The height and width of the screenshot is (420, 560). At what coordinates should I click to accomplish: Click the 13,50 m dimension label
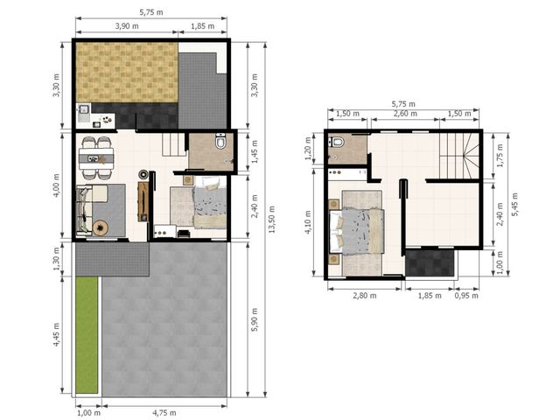(272, 220)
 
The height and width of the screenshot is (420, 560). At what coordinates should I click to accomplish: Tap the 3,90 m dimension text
(127, 26)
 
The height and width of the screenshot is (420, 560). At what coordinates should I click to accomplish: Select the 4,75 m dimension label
(164, 413)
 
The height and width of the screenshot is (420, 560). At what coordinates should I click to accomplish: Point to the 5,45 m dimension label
(515, 204)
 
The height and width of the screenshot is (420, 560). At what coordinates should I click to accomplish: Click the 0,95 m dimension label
(466, 296)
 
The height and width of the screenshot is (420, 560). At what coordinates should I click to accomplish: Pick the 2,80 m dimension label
(365, 296)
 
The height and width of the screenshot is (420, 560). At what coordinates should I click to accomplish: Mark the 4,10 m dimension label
(308, 222)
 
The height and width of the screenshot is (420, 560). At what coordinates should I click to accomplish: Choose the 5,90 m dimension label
(255, 319)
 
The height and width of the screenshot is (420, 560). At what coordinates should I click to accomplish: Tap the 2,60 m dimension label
(405, 114)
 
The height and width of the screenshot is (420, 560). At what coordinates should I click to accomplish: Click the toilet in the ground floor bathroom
(220, 141)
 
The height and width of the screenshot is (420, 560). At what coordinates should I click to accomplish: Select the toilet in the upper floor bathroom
(336, 143)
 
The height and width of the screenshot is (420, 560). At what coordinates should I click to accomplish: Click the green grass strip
(87, 335)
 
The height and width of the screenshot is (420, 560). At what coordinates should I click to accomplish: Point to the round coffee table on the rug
(101, 227)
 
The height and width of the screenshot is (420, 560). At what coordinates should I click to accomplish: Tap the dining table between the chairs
(96, 158)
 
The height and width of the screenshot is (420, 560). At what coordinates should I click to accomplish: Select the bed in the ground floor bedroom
(210, 202)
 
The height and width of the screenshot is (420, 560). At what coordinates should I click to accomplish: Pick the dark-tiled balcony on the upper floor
(430, 262)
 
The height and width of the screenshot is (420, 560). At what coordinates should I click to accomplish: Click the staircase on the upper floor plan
(459, 156)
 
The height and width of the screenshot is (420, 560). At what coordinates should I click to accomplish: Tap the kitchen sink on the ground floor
(84, 108)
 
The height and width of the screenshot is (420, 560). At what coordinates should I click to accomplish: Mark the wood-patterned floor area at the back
(127, 73)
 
